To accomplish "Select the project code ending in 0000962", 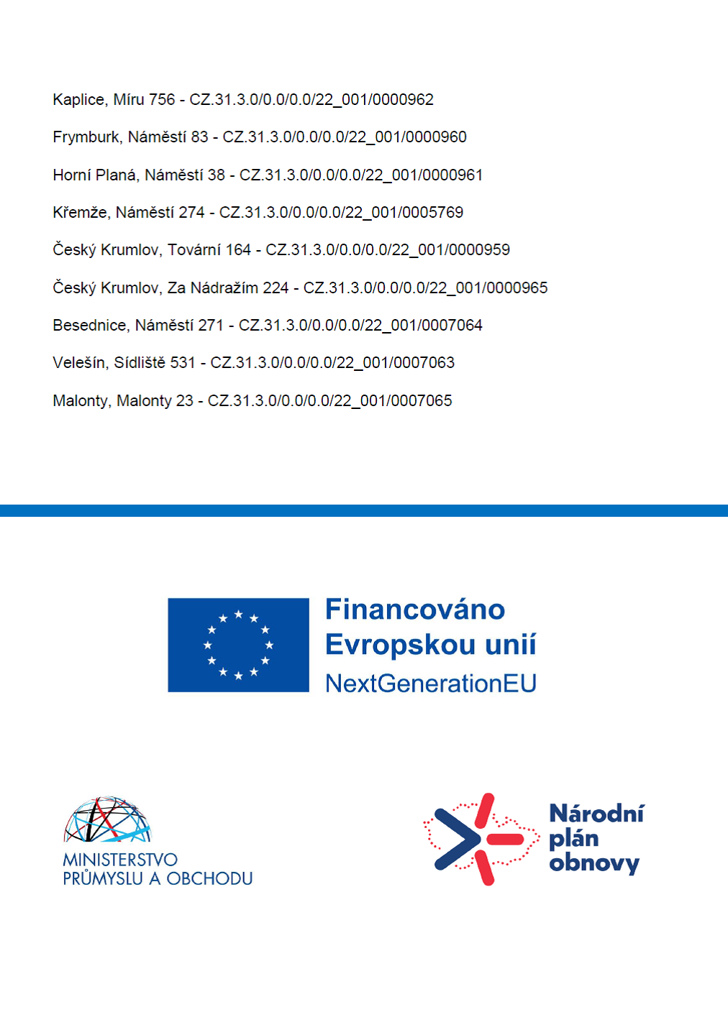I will point(311,100).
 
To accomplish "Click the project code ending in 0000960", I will point(345,137).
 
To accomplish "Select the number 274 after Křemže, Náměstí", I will point(191,213).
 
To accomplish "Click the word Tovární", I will point(194,250).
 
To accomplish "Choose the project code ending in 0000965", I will point(425,288).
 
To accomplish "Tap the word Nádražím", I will point(223,288).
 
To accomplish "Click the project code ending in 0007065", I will point(329,401).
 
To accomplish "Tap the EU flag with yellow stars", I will point(238,645).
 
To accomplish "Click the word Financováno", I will point(415,610).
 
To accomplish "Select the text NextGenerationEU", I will point(430,684).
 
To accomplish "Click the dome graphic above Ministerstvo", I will point(108,819).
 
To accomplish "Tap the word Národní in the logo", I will point(596,814).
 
